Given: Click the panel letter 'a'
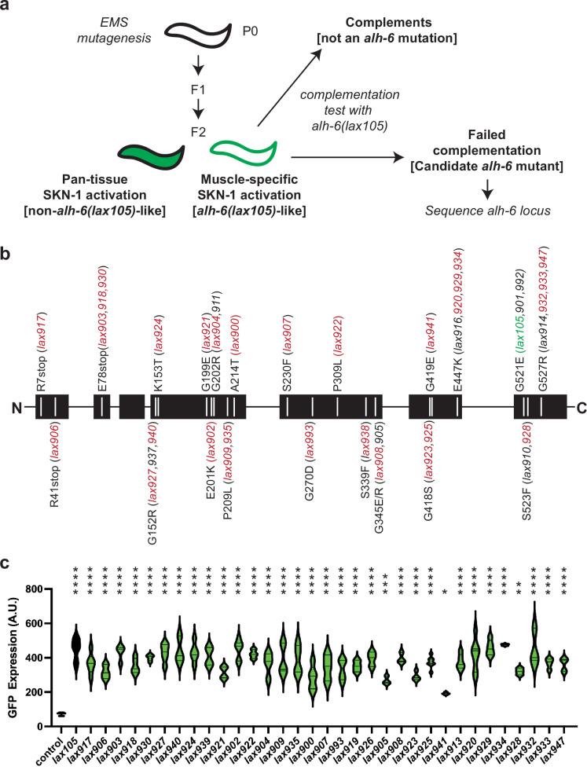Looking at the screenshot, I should click(6, 7).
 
